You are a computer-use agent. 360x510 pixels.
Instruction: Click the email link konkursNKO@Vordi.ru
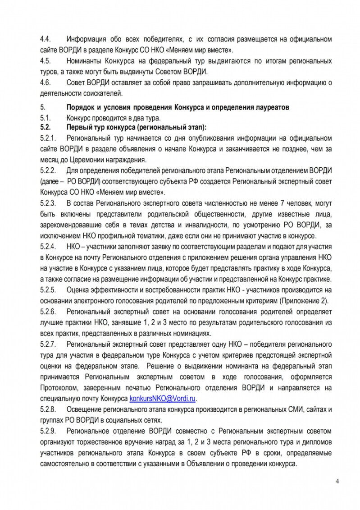164,399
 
